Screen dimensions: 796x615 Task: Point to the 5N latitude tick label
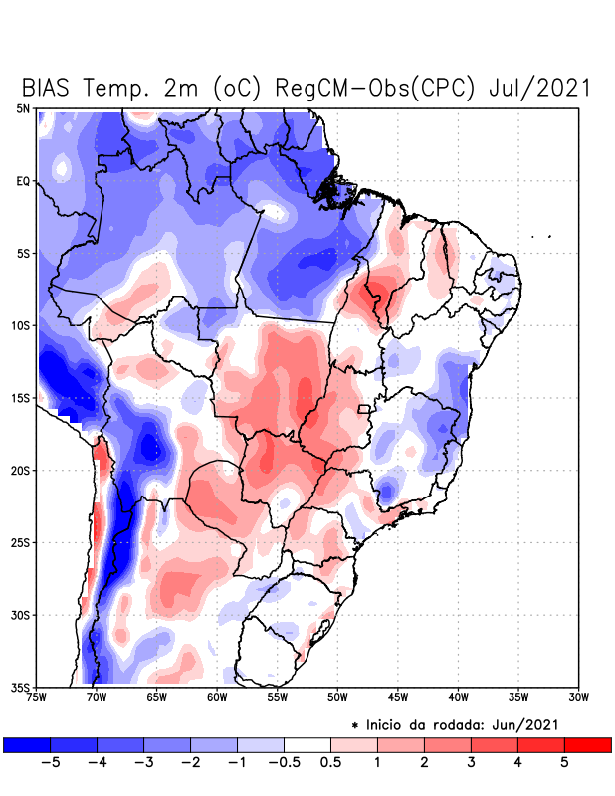coord(22,108)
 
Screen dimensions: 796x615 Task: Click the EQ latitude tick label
coord(22,181)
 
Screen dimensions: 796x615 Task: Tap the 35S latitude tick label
coord(20,688)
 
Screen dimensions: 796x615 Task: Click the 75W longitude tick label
coord(38,698)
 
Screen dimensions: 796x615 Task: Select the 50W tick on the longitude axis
coord(336,698)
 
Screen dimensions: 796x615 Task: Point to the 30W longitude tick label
coord(578,698)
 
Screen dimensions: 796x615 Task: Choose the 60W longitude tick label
coord(216,698)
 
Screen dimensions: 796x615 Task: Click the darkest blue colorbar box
coord(27,744)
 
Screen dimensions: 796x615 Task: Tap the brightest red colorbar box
coord(587,744)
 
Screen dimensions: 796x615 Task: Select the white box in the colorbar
coord(307,744)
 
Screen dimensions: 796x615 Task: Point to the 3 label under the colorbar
coord(471,763)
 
